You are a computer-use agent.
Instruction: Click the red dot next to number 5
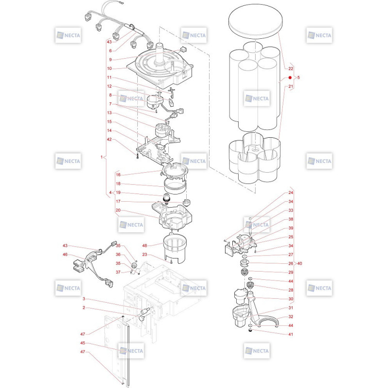(x=290, y=78)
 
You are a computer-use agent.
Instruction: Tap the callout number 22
(x=291, y=68)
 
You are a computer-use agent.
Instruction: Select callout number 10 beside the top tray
(x=110, y=68)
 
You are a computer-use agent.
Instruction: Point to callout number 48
(x=145, y=245)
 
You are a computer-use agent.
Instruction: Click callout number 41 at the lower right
(x=291, y=334)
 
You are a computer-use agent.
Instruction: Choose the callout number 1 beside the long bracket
(x=101, y=157)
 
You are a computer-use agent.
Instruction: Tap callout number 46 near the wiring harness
(x=65, y=254)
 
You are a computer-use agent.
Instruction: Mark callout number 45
(x=82, y=343)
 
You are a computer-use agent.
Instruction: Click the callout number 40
(x=299, y=263)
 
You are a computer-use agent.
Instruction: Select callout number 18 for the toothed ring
(x=118, y=184)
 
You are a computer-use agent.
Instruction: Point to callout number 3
(x=83, y=299)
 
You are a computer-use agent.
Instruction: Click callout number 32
(x=291, y=317)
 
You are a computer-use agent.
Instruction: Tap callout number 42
(x=110, y=139)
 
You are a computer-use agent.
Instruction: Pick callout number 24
(x=291, y=193)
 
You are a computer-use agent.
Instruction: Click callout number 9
(x=111, y=60)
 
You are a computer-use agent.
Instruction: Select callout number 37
(x=118, y=272)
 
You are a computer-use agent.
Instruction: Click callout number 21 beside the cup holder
(x=291, y=86)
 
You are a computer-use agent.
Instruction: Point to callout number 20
(x=118, y=210)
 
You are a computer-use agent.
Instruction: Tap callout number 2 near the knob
(x=83, y=307)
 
